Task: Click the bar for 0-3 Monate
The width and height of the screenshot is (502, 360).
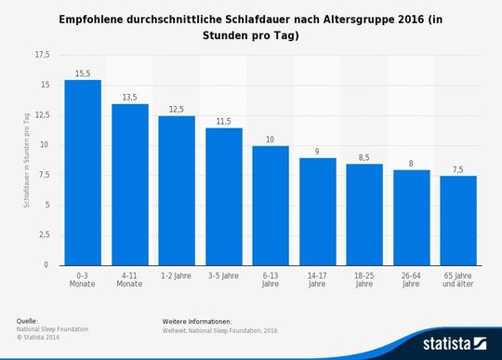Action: [x=83, y=173]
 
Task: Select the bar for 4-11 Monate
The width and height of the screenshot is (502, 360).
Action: [x=129, y=184]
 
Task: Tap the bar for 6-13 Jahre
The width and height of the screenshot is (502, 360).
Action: [x=271, y=206]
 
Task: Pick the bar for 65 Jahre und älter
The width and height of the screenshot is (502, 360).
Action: [x=457, y=220]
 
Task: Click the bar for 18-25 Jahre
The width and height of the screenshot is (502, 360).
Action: [x=364, y=215]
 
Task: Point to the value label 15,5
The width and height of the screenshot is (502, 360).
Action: [x=83, y=72]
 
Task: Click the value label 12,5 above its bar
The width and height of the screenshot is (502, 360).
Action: [x=177, y=108]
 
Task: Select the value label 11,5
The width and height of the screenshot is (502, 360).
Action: [x=223, y=120]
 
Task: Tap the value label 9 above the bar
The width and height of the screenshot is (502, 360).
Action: [x=317, y=151]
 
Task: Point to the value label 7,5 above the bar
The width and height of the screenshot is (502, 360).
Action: [x=457, y=168]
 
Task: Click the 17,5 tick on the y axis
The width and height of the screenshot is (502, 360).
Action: [x=42, y=55]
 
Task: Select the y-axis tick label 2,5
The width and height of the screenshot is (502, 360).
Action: [x=44, y=235]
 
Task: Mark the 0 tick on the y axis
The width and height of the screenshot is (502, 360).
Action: [x=46, y=265]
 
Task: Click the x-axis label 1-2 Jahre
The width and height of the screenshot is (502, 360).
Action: [x=177, y=276]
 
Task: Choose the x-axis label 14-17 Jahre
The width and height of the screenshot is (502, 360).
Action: [x=317, y=280]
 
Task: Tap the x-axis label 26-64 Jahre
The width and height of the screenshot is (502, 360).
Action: [x=411, y=280]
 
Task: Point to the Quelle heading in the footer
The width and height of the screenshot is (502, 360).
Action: [x=27, y=321]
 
